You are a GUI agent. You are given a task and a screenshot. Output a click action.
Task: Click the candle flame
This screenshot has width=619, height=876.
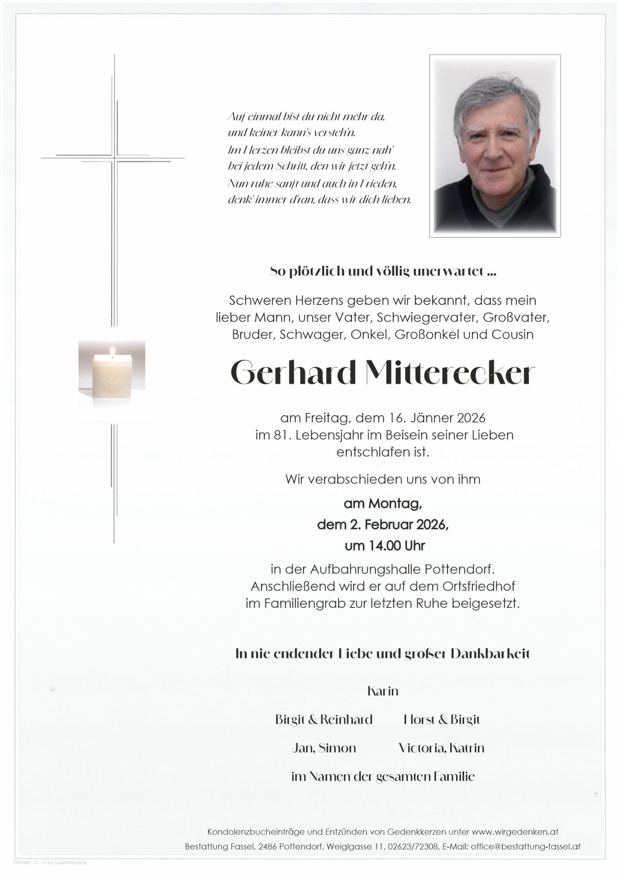click(x=113, y=352)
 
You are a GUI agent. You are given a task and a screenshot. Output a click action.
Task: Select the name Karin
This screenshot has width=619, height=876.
click(x=383, y=691)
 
